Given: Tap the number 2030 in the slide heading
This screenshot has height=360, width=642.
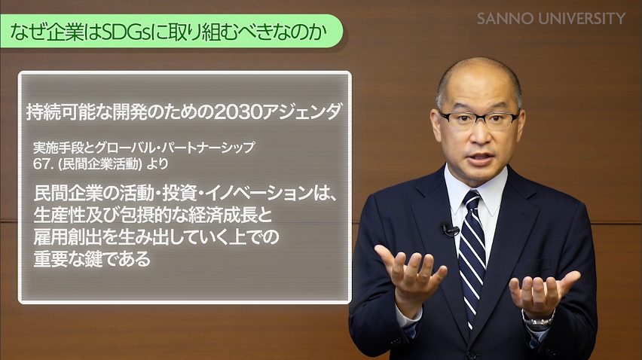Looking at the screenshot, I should [240, 112].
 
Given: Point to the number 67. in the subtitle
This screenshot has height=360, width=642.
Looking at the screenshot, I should [43, 161].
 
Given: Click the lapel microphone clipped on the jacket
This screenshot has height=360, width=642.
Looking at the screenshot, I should [449, 229].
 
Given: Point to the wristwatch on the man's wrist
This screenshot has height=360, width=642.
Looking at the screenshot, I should [539, 320].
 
